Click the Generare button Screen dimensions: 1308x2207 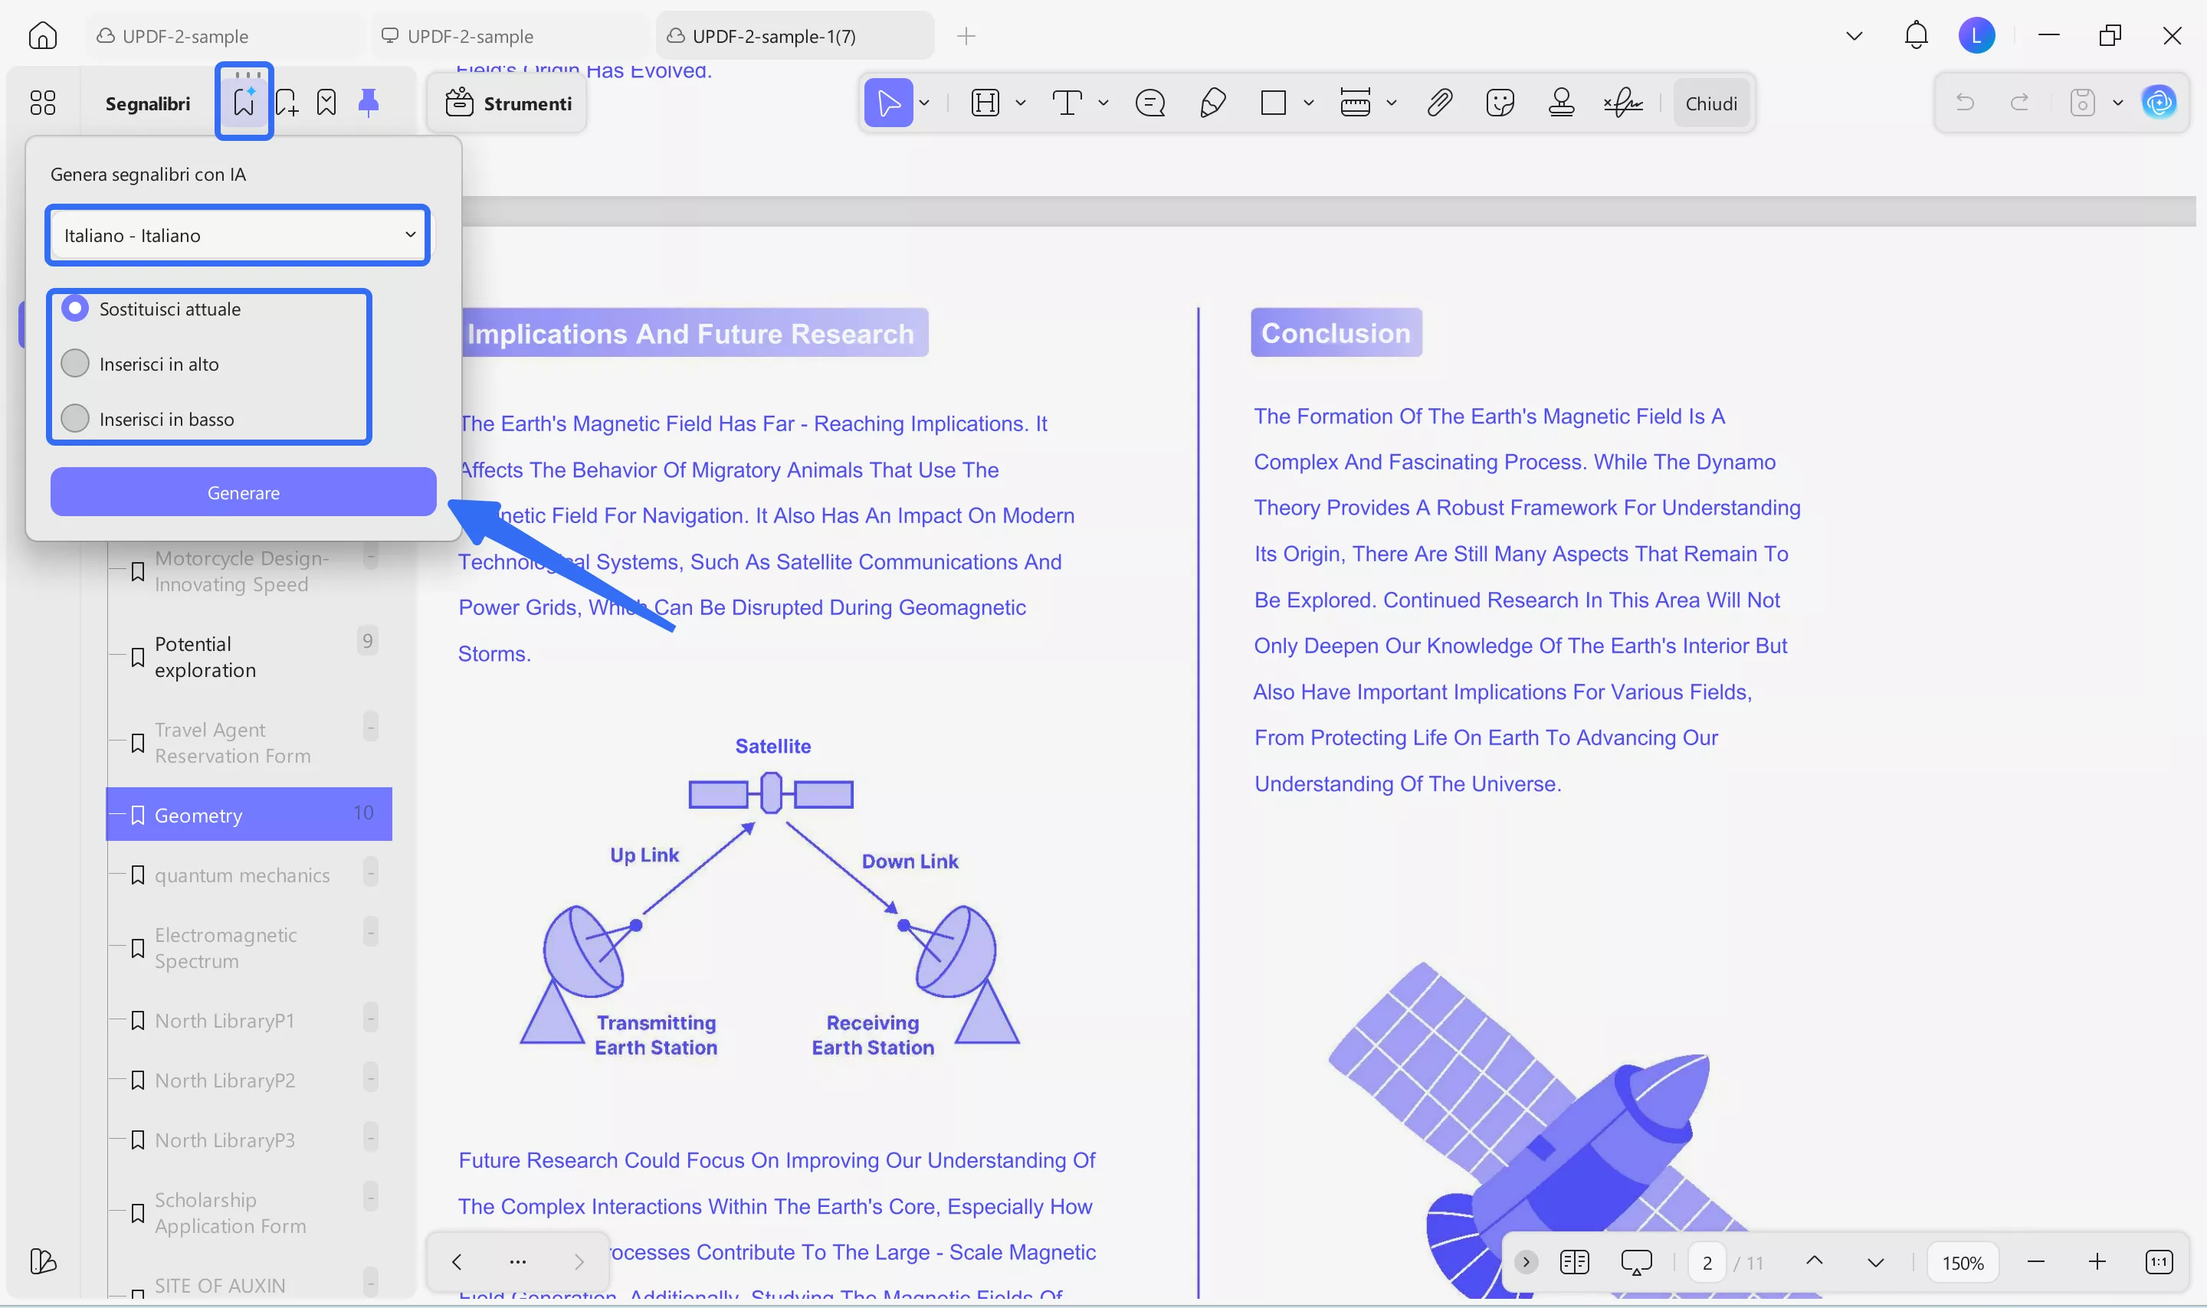244,492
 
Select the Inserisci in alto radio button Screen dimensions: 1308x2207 76,363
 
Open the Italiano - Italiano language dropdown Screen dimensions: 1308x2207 238,235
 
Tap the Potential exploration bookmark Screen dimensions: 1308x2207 205,656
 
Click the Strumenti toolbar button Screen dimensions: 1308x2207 509,103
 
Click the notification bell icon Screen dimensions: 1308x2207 1915,35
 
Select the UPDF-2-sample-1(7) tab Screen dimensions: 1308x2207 773,36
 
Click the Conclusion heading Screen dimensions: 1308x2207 1335,332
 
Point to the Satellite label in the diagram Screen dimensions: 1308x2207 772,746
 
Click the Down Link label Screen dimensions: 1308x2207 909,861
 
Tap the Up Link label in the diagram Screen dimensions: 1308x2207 644,855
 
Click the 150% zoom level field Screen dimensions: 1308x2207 1962,1262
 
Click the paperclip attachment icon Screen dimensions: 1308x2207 1439,103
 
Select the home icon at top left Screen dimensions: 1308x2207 42,35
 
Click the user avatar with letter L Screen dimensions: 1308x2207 1976,35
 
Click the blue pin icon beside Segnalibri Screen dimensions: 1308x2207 369,103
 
